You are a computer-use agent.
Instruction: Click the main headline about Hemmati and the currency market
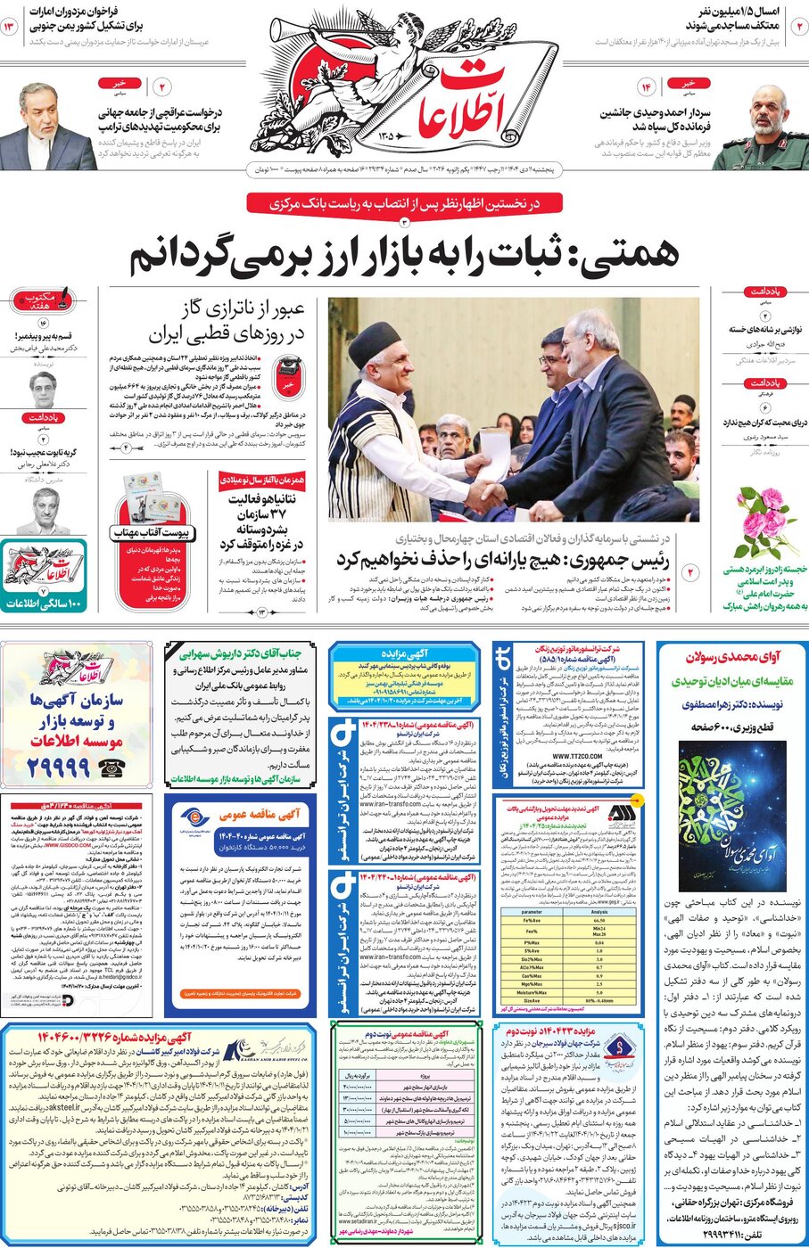click(404, 256)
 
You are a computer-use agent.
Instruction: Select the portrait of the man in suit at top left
click(45, 125)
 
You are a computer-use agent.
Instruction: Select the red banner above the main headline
click(404, 203)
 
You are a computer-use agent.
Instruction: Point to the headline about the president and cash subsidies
click(503, 560)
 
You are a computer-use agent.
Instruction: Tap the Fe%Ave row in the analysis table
click(568, 921)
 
